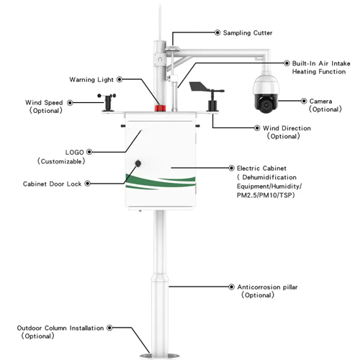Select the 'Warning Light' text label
(x=91, y=79)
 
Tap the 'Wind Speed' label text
(x=45, y=102)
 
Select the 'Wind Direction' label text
(x=286, y=128)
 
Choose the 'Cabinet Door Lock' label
(x=53, y=184)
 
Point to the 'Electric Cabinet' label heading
(x=261, y=167)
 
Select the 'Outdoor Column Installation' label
(x=60, y=328)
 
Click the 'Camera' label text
(x=320, y=101)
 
